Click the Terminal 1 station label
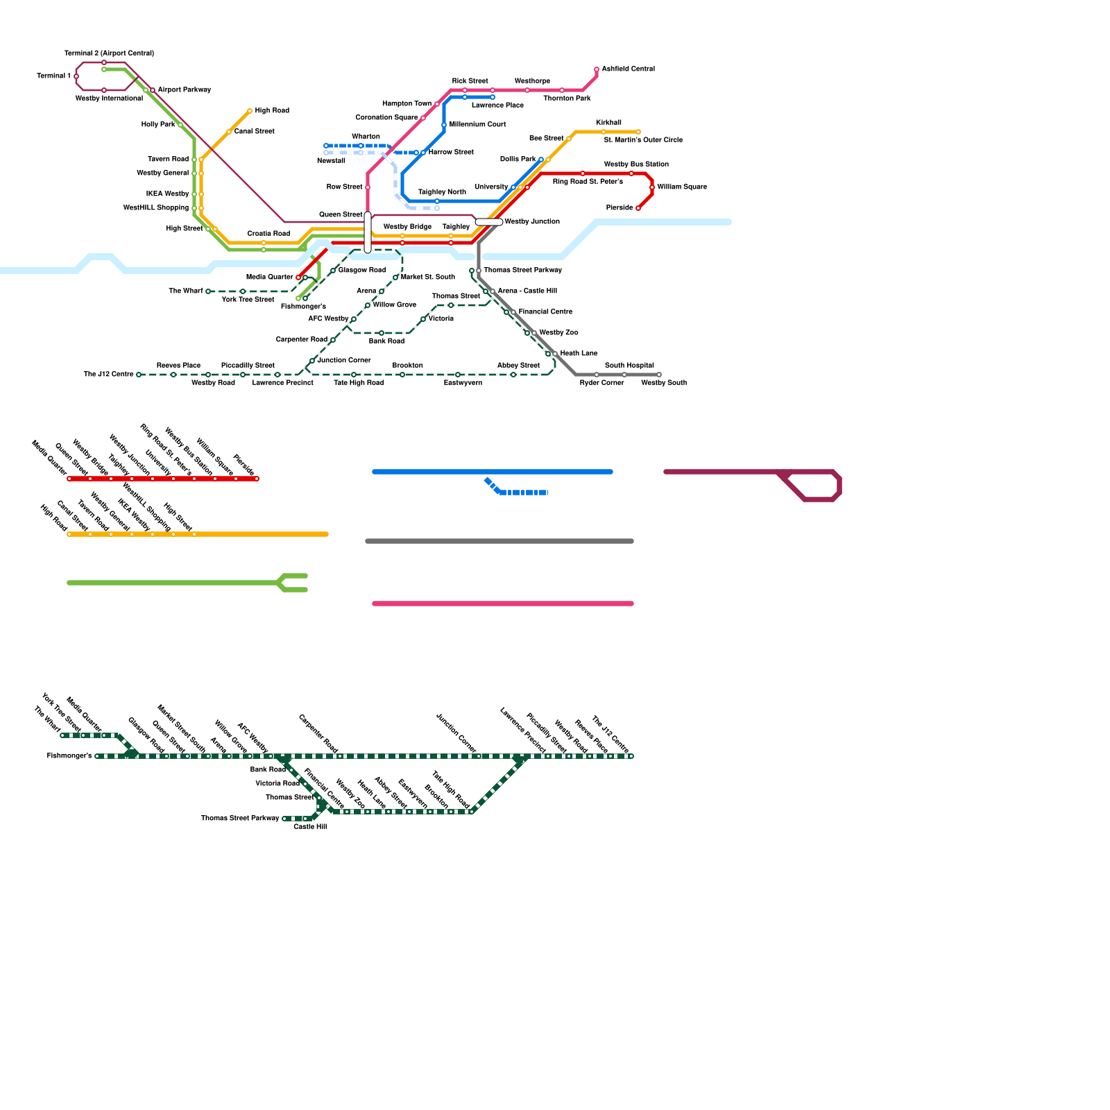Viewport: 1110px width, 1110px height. tap(53, 76)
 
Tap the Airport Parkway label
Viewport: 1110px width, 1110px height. tap(184, 90)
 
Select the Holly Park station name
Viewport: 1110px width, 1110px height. tap(158, 125)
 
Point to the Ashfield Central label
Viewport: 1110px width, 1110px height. tap(628, 69)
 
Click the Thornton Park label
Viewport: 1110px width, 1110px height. tap(567, 99)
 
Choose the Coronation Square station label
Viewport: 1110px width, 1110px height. tap(386, 118)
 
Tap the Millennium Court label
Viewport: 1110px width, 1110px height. tap(477, 125)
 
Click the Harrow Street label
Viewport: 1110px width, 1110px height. tap(451, 153)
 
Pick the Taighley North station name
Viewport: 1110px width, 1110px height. tap(442, 192)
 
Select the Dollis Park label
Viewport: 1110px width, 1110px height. tap(518, 160)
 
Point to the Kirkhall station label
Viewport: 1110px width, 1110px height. tap(608, 123)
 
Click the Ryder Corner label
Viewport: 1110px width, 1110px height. tap(601, 383)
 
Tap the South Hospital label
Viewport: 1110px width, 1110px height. tap(629, 366)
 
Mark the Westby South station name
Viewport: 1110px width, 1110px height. tap(664, 383)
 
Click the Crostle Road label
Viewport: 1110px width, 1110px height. tap(268, 234)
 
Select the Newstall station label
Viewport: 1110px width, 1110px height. tap(331, 161)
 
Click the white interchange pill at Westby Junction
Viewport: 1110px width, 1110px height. tap(489, 222)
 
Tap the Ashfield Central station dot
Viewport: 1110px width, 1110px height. tap(597, 69)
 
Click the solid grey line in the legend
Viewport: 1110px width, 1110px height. tap(499, 541)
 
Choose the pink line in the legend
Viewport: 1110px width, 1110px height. tap(503, 604)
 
